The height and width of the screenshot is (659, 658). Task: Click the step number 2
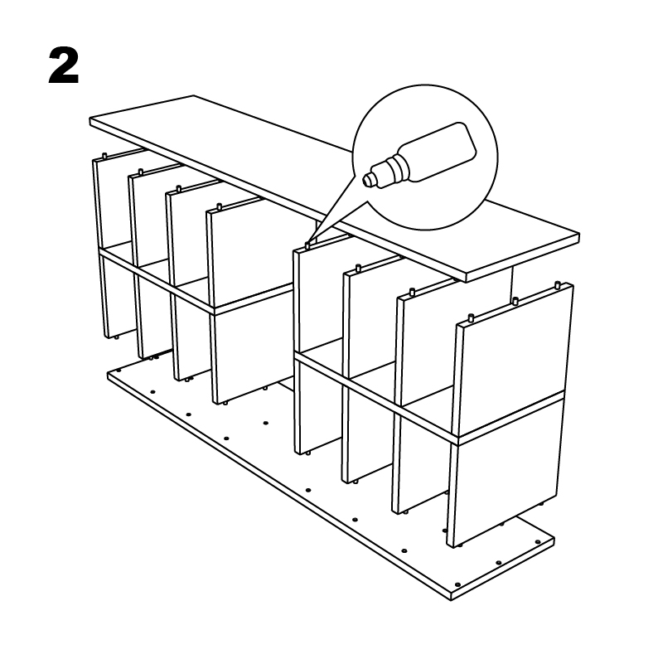(64, 65)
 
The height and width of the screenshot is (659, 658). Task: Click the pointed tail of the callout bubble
(309, 243)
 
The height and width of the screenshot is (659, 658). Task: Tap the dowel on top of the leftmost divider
(104, 156)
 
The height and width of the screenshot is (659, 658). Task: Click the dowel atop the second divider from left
(141, 172)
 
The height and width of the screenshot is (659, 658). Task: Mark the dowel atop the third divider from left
(179, 188)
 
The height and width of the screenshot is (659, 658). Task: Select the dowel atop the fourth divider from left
(219, 206)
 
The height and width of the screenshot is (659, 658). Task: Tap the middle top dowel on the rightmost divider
(515, 300)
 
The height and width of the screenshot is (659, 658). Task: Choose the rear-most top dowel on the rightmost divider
(558, 284)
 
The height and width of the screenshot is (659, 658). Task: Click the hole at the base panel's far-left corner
(119, 371)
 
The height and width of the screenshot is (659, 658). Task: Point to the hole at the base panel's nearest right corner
(457, 584)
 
